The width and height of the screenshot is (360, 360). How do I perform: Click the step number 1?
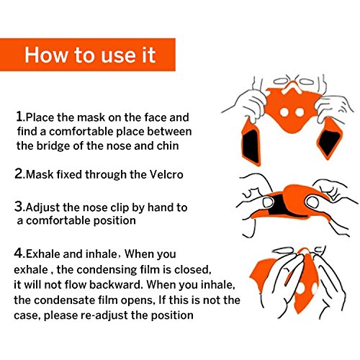click(x=19, y=117)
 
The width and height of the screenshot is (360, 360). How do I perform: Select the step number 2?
click(x=19, y=174)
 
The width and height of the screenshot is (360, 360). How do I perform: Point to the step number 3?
click(x=19, y=207)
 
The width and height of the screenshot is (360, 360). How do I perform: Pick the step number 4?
click(x=19, y=253)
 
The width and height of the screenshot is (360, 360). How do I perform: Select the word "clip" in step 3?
click(x=120, y=208)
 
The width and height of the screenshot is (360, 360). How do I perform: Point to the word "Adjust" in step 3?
click(x=42, y=208)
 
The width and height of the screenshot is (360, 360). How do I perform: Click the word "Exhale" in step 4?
click(x=42, y=254)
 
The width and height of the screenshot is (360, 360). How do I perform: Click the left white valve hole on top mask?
click(x=284, y=112)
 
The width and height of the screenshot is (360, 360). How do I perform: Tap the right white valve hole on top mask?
click(x=300, y=112)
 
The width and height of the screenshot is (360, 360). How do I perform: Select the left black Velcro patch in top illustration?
click(x=251, y=145)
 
